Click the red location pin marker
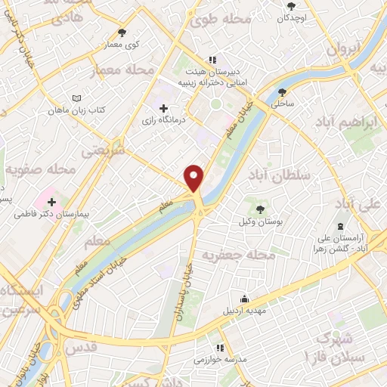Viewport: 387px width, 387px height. tap(195, 178)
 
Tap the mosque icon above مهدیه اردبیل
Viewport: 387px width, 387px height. tap(243, 297)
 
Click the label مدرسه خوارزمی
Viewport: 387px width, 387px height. tap(219, 361)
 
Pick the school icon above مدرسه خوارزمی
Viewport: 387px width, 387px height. tap(219, 348)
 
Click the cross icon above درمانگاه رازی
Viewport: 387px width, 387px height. tap(164, 108)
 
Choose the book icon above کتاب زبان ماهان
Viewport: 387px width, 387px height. tap(75, 99)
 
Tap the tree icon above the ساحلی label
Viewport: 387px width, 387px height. tap(283, 91)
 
